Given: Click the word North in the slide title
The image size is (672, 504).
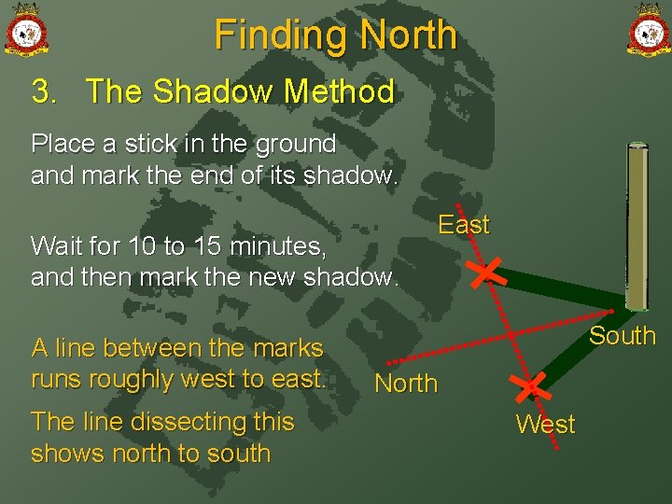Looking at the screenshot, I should coord(408,35).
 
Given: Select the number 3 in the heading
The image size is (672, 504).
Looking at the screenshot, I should coord(42,91).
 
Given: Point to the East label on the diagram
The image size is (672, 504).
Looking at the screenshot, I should coord(463,225).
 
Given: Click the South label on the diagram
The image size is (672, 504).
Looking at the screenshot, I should coord(622,336).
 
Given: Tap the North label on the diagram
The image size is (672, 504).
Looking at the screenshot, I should coord(405,384).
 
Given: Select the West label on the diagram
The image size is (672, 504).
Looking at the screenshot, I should coord(545,425).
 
